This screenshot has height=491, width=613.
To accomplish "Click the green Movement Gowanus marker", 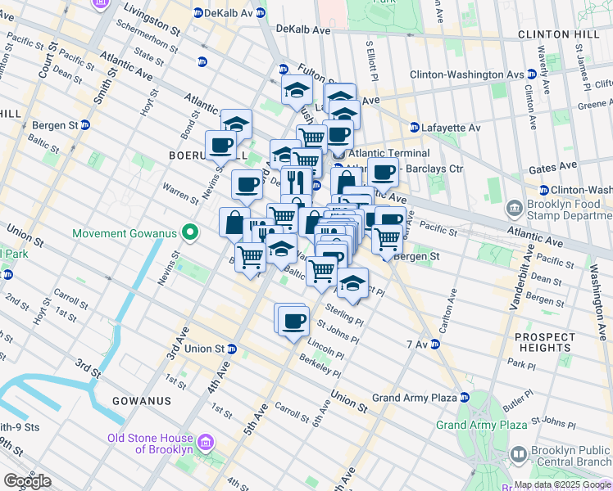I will pyautogui.click(x=190, y=234).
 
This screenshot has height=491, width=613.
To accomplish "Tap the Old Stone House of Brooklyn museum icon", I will pyautogui.click(x=206, y=443).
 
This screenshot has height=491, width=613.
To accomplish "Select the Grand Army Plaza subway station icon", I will pyautogui.click(x=465, y=398).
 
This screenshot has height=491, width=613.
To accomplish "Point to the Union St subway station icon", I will pyautogui.click(x=232, y=349).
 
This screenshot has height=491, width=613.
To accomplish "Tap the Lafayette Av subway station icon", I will pyautogui.click(x=415, y=128).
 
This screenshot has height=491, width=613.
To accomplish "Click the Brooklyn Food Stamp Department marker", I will pyautogui.click(x=515, y=206).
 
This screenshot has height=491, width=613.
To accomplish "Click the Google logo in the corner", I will pyautogui.click(x=27, y=481).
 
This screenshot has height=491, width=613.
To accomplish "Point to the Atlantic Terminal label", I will pyautogui.click(x=388, y=153).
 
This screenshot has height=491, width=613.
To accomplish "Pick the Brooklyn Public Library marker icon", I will pyautogui.click(x=518, y=454).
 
